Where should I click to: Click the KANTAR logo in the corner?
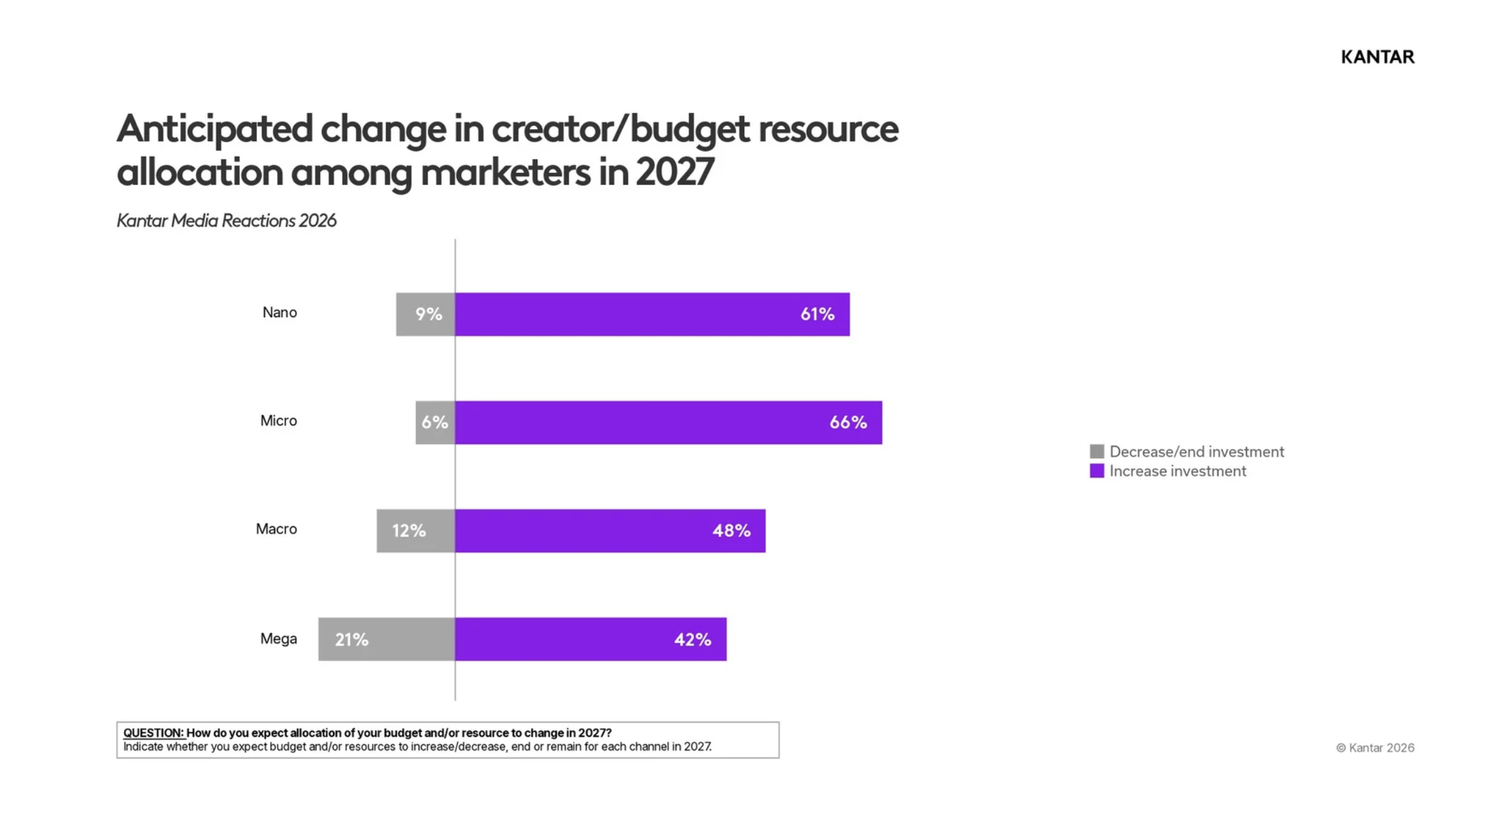pos(1377,57)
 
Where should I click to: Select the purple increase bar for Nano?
pos(652,315)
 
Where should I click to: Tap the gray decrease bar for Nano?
pos(426,315)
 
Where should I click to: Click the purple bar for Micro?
pos(669,423)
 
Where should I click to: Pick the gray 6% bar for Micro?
pos(436,423)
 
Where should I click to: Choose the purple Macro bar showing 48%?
pos(610,531)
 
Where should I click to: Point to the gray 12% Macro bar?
pos(416,531)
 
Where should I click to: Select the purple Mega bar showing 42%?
pos(591,640)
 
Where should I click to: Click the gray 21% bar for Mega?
pos(387,640)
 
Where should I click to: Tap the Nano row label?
pos(279,313)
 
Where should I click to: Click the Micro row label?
pos(279,421)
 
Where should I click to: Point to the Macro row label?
pos(276,529)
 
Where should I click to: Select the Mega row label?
pos(279,639)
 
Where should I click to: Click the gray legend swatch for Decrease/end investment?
pos(1097,452)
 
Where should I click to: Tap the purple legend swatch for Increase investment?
pos(1097,471)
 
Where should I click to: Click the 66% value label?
pos(848,423)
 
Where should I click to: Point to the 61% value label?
pos(817,315)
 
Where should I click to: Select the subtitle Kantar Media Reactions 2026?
pos(227,221)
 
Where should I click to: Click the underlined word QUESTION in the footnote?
pos(153,733)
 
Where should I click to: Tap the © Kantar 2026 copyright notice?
pos(1375,748)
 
